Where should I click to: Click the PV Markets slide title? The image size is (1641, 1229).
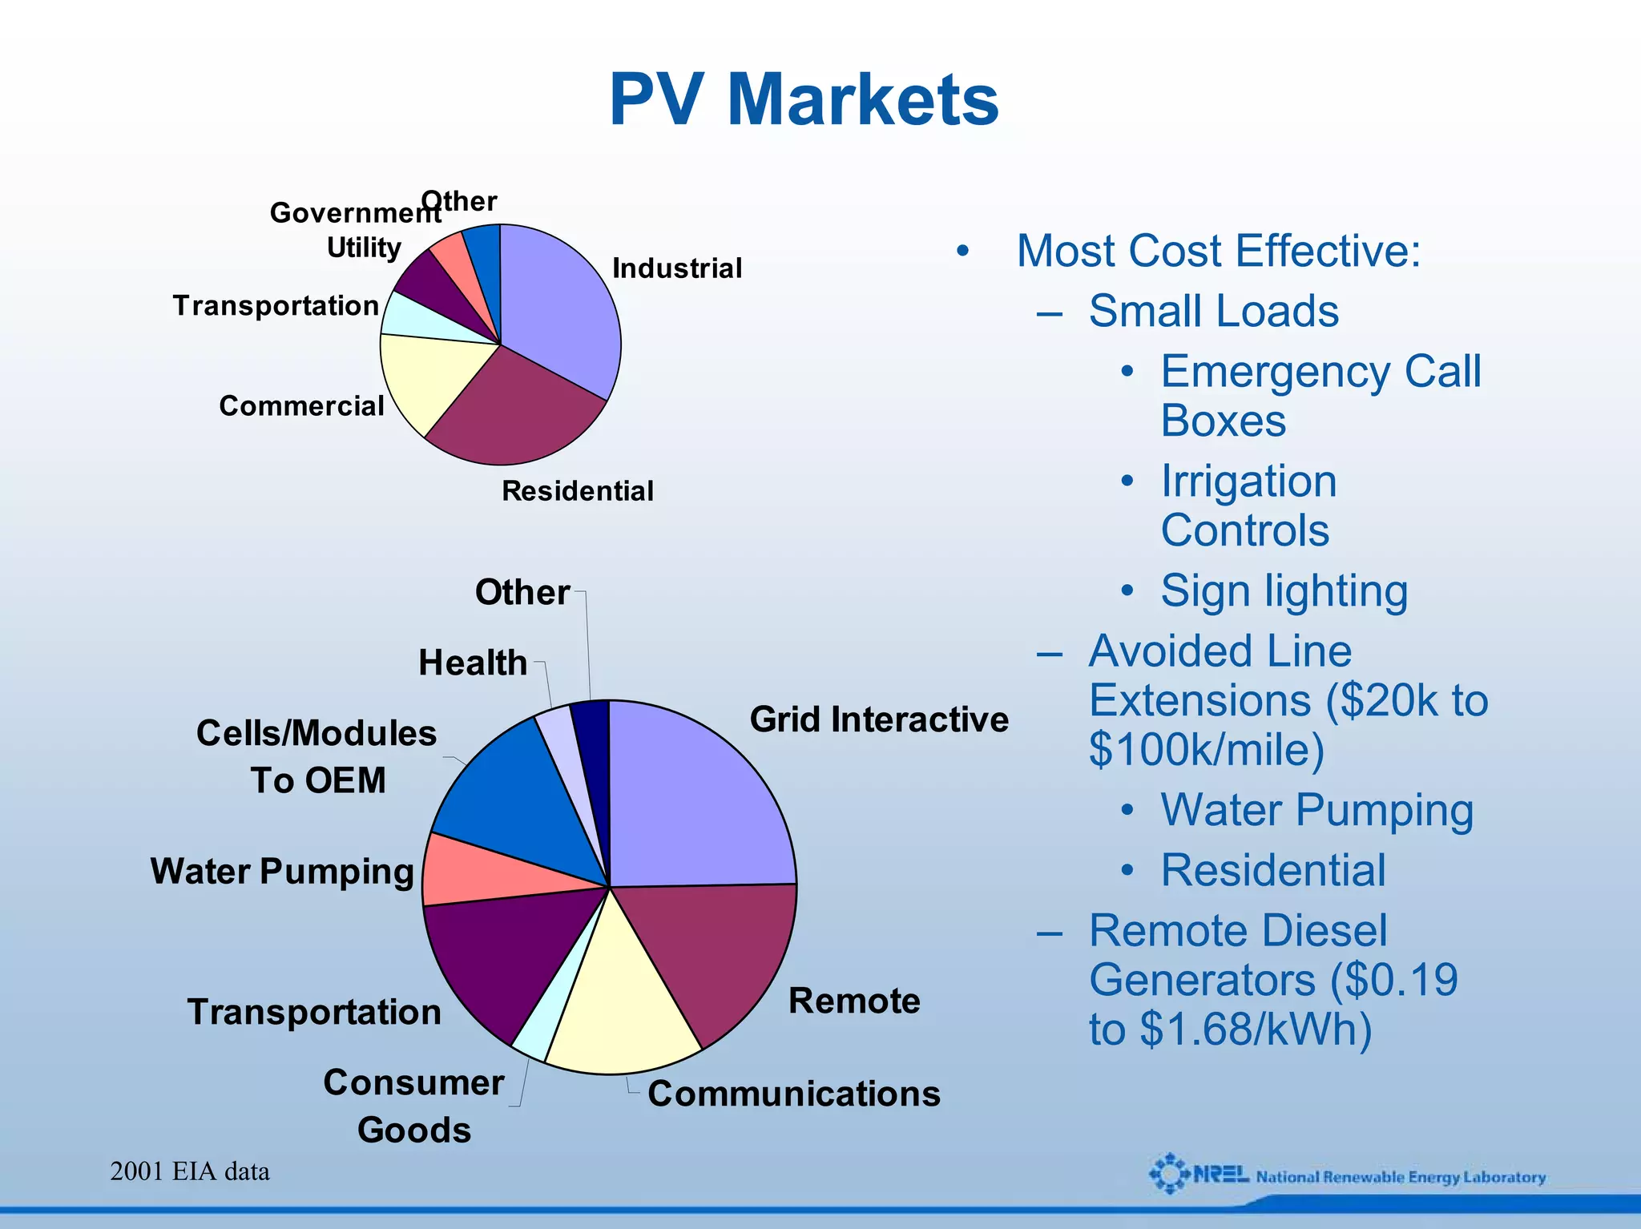coord(804,100)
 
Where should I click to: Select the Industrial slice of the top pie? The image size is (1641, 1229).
coord(561,312)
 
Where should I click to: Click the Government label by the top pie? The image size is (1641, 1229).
coord(353,213)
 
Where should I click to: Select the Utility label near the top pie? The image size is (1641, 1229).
coord(364,248)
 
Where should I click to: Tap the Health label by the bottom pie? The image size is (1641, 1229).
coord(473,663)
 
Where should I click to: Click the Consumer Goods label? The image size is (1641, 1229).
coord(413,1106)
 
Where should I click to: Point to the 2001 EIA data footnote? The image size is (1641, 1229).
coord(190,1171)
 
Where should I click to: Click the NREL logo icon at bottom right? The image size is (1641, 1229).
coord(1170,1175)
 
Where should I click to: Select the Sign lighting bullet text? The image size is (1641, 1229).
coord(1284,591)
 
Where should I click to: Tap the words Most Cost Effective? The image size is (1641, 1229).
coord(1218,251)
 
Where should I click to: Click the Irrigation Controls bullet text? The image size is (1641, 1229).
coord(1248,506)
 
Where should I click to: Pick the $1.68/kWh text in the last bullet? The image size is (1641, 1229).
coord(1254,1030)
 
